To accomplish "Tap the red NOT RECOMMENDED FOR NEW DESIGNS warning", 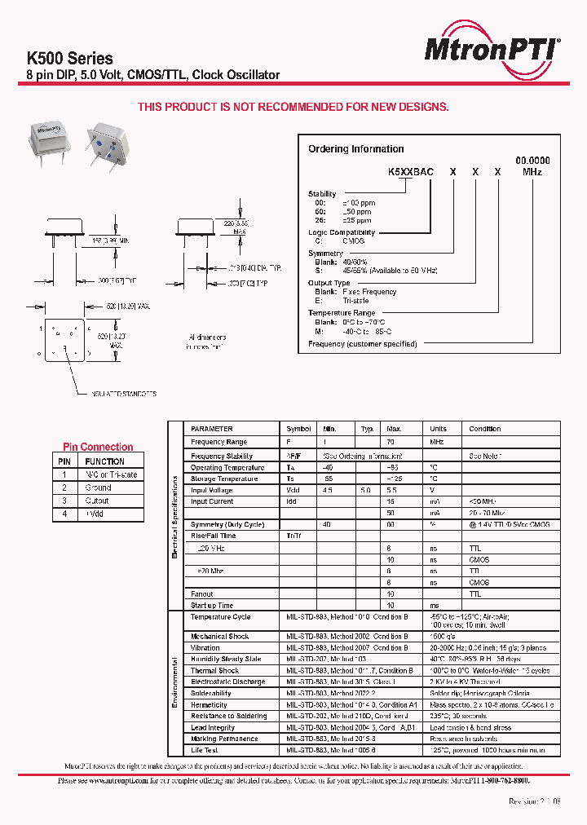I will (293, 107).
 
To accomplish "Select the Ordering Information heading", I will (355, 149).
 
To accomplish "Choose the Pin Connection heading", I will (98, 447).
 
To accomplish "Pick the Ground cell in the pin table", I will (98, 487).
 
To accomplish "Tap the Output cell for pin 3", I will (97, 501).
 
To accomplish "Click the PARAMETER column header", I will (212, 429).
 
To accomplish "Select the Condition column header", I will (485, 429).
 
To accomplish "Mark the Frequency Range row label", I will (221, 441).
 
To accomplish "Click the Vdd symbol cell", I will (293, 490).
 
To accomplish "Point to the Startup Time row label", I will (212, 606).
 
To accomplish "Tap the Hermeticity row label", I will (210, 705).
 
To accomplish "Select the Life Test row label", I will (205, 750).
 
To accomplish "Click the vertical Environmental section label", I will (174, 683).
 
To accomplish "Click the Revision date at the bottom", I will (535, 802).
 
